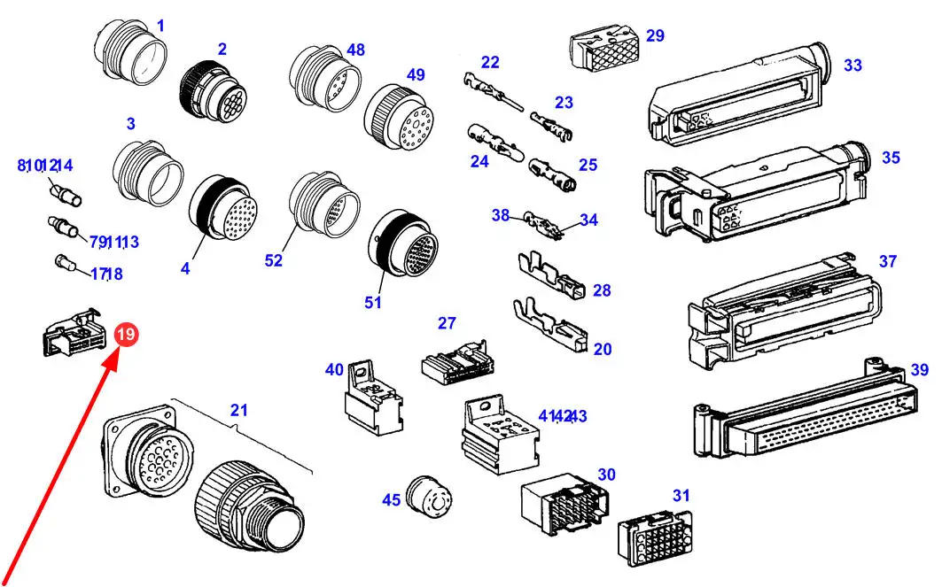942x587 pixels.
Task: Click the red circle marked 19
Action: point(126,334)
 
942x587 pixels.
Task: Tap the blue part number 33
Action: point(852,65)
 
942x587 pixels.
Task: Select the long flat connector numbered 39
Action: point(806,410)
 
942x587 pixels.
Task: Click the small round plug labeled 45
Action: point(429,497)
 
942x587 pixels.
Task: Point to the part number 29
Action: point(655,35)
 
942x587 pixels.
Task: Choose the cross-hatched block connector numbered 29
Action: point(603,46)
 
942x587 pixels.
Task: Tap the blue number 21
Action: point(238,410)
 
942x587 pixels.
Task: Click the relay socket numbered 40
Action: point(373,398)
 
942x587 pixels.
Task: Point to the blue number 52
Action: point(273,260)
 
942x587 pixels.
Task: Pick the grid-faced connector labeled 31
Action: point(655,537)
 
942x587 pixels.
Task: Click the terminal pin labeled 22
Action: point(493,92)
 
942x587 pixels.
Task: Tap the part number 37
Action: point(887,261)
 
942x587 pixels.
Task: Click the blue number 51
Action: point(372,302)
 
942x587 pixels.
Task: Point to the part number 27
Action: point(447,323)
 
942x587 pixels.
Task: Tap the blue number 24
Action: point(479,161)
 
